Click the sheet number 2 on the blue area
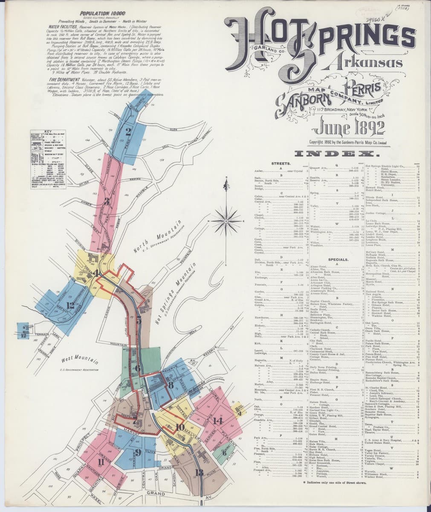pos(128,131)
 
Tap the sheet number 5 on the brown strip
pos(139,321)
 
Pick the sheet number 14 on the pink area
pos(218,420)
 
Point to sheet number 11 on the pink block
pos(101,461)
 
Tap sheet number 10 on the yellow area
pos(179,427)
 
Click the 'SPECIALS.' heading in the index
pos(338,259)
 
